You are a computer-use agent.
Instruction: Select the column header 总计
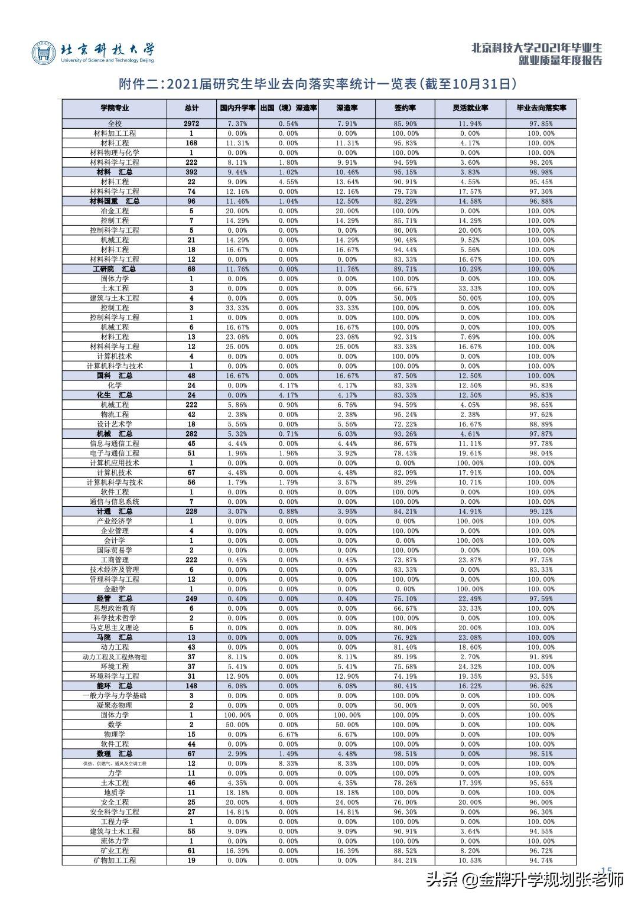coord(191,108)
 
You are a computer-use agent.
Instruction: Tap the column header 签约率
coord(406,108)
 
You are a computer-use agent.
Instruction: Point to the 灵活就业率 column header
coord(470,108)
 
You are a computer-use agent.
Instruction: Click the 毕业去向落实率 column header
coord(541,108)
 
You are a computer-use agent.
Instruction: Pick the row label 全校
coord(115,123)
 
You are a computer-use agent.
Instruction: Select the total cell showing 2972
coord(191,123)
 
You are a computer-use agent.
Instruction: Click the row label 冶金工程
coord(115,211)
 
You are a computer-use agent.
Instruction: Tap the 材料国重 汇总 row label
coord(115,201)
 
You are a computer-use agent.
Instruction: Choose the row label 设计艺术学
coord(115,424)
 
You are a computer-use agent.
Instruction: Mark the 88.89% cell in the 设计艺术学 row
coord(541,424)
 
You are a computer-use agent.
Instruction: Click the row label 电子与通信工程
coord(115,453)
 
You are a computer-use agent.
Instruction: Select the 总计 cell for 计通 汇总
coord(191,511)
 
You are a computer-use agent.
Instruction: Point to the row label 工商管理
coord(115,559)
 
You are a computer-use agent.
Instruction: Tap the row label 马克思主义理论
coord(115,627)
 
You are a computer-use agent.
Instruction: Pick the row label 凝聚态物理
coord(115,705)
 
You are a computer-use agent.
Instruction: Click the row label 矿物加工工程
coord(115,860)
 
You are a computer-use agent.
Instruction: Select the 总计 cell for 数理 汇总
coord(191,754)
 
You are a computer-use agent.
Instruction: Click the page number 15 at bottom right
coord(606,869)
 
